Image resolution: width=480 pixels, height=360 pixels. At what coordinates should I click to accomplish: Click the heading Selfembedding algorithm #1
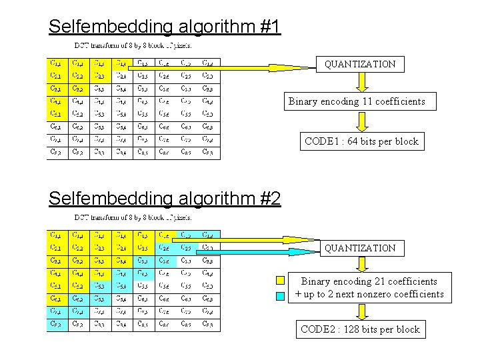coord(165,26)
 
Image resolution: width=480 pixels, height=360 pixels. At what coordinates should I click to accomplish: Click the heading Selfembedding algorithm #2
coord(165,198)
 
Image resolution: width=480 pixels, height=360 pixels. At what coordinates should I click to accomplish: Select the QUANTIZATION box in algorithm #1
coord(360,65)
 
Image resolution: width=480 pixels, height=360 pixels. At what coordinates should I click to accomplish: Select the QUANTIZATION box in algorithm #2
coord(360,248)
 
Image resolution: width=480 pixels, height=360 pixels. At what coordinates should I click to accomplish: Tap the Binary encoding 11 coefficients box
coord(356,102)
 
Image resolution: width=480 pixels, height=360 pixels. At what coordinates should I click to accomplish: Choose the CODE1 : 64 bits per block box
coord(361,141)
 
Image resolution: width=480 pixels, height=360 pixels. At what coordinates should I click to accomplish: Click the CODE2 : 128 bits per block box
coord(360,329)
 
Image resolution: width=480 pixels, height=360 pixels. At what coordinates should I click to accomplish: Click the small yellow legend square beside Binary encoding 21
coord(281,281)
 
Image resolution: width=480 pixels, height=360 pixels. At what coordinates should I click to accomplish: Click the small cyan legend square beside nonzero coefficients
coord(281,294)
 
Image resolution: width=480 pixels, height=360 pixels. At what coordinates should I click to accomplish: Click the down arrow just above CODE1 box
coord(361,122)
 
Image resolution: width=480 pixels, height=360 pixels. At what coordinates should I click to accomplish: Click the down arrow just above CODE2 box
coord(361,311)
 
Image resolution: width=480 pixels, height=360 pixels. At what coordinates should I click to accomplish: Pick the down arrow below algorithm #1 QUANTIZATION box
coord(361,82)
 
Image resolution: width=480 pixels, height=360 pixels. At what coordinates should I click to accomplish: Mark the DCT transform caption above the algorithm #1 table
coord(133,46)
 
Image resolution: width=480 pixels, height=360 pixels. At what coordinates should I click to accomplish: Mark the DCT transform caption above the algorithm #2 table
coord(133,217)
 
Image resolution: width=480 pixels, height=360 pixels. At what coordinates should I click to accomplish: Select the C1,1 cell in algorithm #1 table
coord(57,64)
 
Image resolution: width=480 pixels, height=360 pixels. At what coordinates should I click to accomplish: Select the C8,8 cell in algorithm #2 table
coord(208,325)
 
